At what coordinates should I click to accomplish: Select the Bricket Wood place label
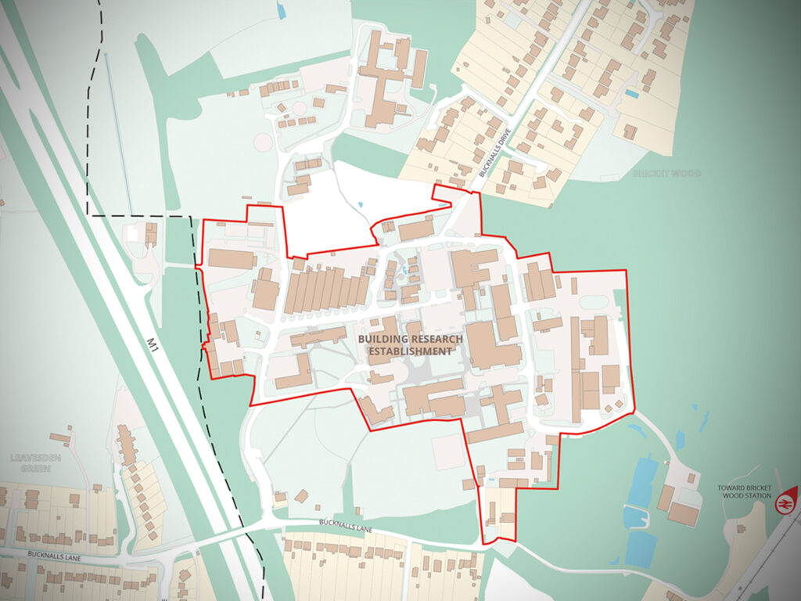pyautogui.click(x=667, y=173)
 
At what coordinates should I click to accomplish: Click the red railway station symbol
pyautogui.click(x=783, y=503)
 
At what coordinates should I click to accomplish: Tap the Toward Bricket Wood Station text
pyautogui.click(x=745, y=492)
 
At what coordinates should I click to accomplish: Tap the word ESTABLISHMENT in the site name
pyautogui.click(x=410, y=352)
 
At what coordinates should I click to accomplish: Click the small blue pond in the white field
pyautogui.click(x=360, y=205)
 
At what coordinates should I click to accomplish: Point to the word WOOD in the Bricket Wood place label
pyautogui.click(x=687, y=173)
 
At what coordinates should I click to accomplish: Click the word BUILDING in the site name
pyautogui.click(x=383, y=339)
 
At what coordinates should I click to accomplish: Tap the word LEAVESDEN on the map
pyautogui.click(x=31, y=458)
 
